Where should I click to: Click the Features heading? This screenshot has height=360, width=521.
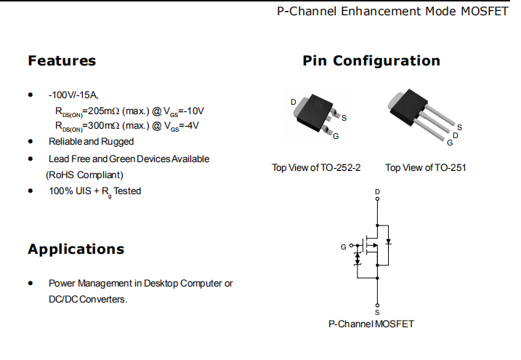pos(62,60)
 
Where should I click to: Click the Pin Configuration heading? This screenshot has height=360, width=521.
pos(371,60)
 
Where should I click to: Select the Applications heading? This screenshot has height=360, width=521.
pos(76,249)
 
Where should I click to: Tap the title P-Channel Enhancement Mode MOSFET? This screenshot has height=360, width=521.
pos(393,12)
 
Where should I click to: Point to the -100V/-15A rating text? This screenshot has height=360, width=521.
pos(73,95)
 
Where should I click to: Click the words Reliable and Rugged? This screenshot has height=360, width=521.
pos(91,141)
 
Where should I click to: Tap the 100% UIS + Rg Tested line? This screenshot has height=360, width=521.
pos(94,191)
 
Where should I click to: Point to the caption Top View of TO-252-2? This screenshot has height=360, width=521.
pos(316,168)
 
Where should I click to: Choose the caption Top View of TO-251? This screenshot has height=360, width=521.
pos(426,168)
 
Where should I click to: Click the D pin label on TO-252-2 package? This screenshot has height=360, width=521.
pos(294,102)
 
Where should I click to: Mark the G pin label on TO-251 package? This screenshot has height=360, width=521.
pos(451,142)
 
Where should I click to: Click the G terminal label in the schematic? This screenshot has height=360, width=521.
pos(343,247)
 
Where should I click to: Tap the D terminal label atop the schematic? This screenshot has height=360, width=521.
pos(376,192)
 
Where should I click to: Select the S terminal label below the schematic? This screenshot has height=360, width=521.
pos(376,305)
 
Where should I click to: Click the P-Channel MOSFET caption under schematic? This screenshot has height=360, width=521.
pos(371,324)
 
